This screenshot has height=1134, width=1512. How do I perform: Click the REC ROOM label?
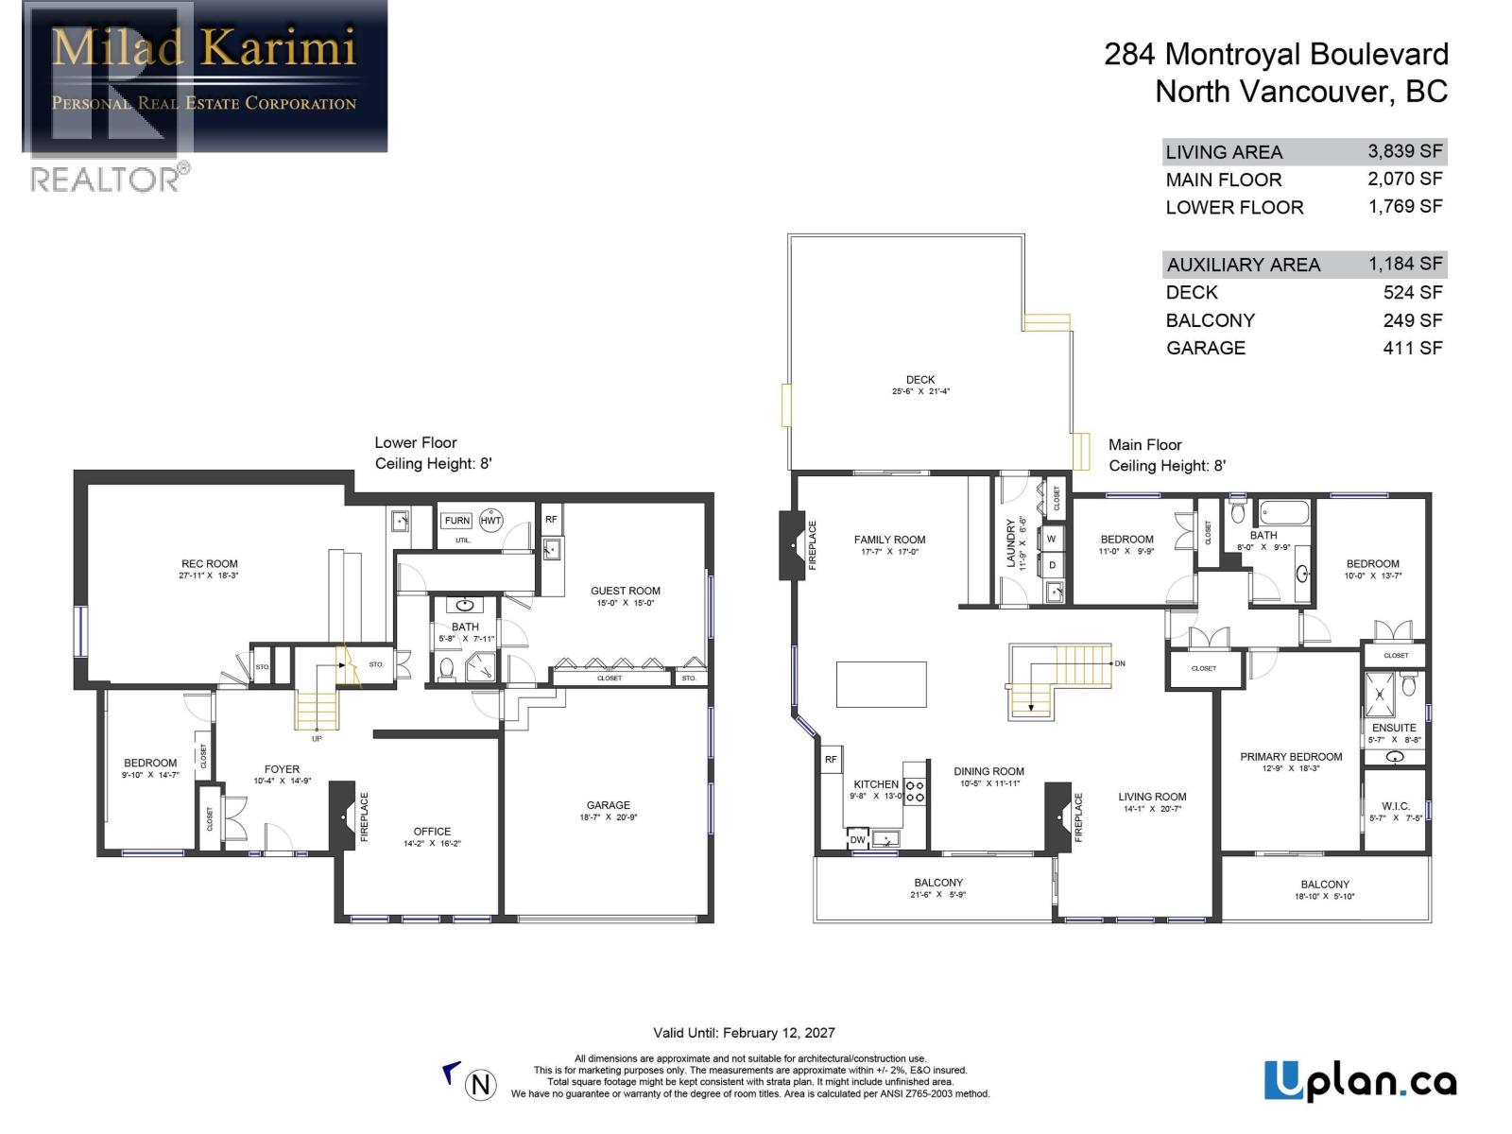pyautogui.click(x=210, y=564)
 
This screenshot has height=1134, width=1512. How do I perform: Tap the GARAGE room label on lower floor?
pyautogui.click(x=608, y=805)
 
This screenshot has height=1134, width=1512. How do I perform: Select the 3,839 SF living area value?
pyautogui.click(x=1404, y=151)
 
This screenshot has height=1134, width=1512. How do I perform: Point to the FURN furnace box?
pyautogui.click(x=456, y=521)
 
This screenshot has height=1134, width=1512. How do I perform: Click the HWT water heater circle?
pyautogui.click(x=490, y=521)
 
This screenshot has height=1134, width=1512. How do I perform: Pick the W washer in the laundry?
pyautogui.click(x=1051, y=540)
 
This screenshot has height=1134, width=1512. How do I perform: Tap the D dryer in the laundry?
pyautogui.click(x=1052, y=565)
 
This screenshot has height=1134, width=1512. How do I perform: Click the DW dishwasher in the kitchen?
pyautogui.click(x=857, y=839)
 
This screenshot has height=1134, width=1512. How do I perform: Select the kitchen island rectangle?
pyautogui.click(x=881, y=684)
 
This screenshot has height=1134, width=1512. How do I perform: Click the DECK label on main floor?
pyautogui.click(x=920, y=380)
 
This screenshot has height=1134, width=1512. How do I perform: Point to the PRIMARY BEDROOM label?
pyautogui.click(x=1291, y=756)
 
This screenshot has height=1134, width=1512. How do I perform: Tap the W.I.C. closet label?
pyautogui.click(x=1395, y=806)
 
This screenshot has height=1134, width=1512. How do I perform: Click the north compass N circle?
pyautogui.click(x=481, y=1084)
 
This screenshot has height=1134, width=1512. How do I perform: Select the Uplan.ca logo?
pyautogui.click(x=1360, y=1081)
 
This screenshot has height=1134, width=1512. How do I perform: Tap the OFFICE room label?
pyautogui.click(x=432, y=832)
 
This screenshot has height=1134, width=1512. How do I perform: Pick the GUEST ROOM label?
pyautogui.click(x=626, y=591)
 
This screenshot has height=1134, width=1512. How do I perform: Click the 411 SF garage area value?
pyautogui.click(x=1413, y=348)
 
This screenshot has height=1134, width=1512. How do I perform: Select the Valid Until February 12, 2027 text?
pyautogui.click(x=744, y=1033)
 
